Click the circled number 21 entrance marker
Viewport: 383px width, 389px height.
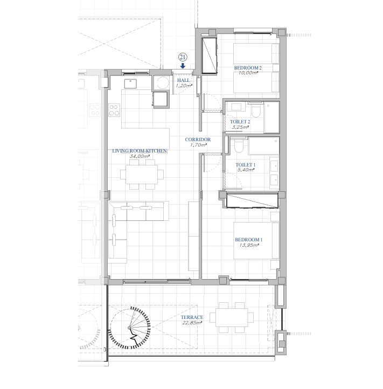(x=183, y=57)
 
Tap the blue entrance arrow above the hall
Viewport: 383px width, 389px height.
(x=183, y=66)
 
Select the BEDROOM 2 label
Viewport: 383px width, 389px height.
(x=248, y=68)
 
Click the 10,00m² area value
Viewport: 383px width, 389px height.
(x=248, y=73)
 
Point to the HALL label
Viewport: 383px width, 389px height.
(x=183, y=80)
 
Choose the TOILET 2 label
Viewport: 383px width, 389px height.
(x=240, y=122)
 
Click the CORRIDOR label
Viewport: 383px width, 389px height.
(x=198, y=140)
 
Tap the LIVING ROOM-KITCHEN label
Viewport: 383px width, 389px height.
(x=140, y=151)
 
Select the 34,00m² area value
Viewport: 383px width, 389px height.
(x=140, y=156)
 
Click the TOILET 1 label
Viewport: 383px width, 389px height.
(x=245, y=165)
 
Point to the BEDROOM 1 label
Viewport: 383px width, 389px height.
(x=248, y=240)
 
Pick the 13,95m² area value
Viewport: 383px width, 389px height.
(x=249, y=245)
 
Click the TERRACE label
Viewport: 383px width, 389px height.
(x=192, y=317)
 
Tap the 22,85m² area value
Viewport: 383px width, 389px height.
(x=192, y=323)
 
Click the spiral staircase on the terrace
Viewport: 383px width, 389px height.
(x=130, y=328)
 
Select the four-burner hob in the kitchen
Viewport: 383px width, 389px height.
(x=114, y=110)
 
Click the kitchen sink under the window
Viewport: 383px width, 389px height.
(x=130, y=84)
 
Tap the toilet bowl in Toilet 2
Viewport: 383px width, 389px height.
(x=256, y=110)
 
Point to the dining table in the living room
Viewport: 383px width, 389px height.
(x=142, y=175)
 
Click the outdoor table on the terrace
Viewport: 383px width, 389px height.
(x=232, y=317)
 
